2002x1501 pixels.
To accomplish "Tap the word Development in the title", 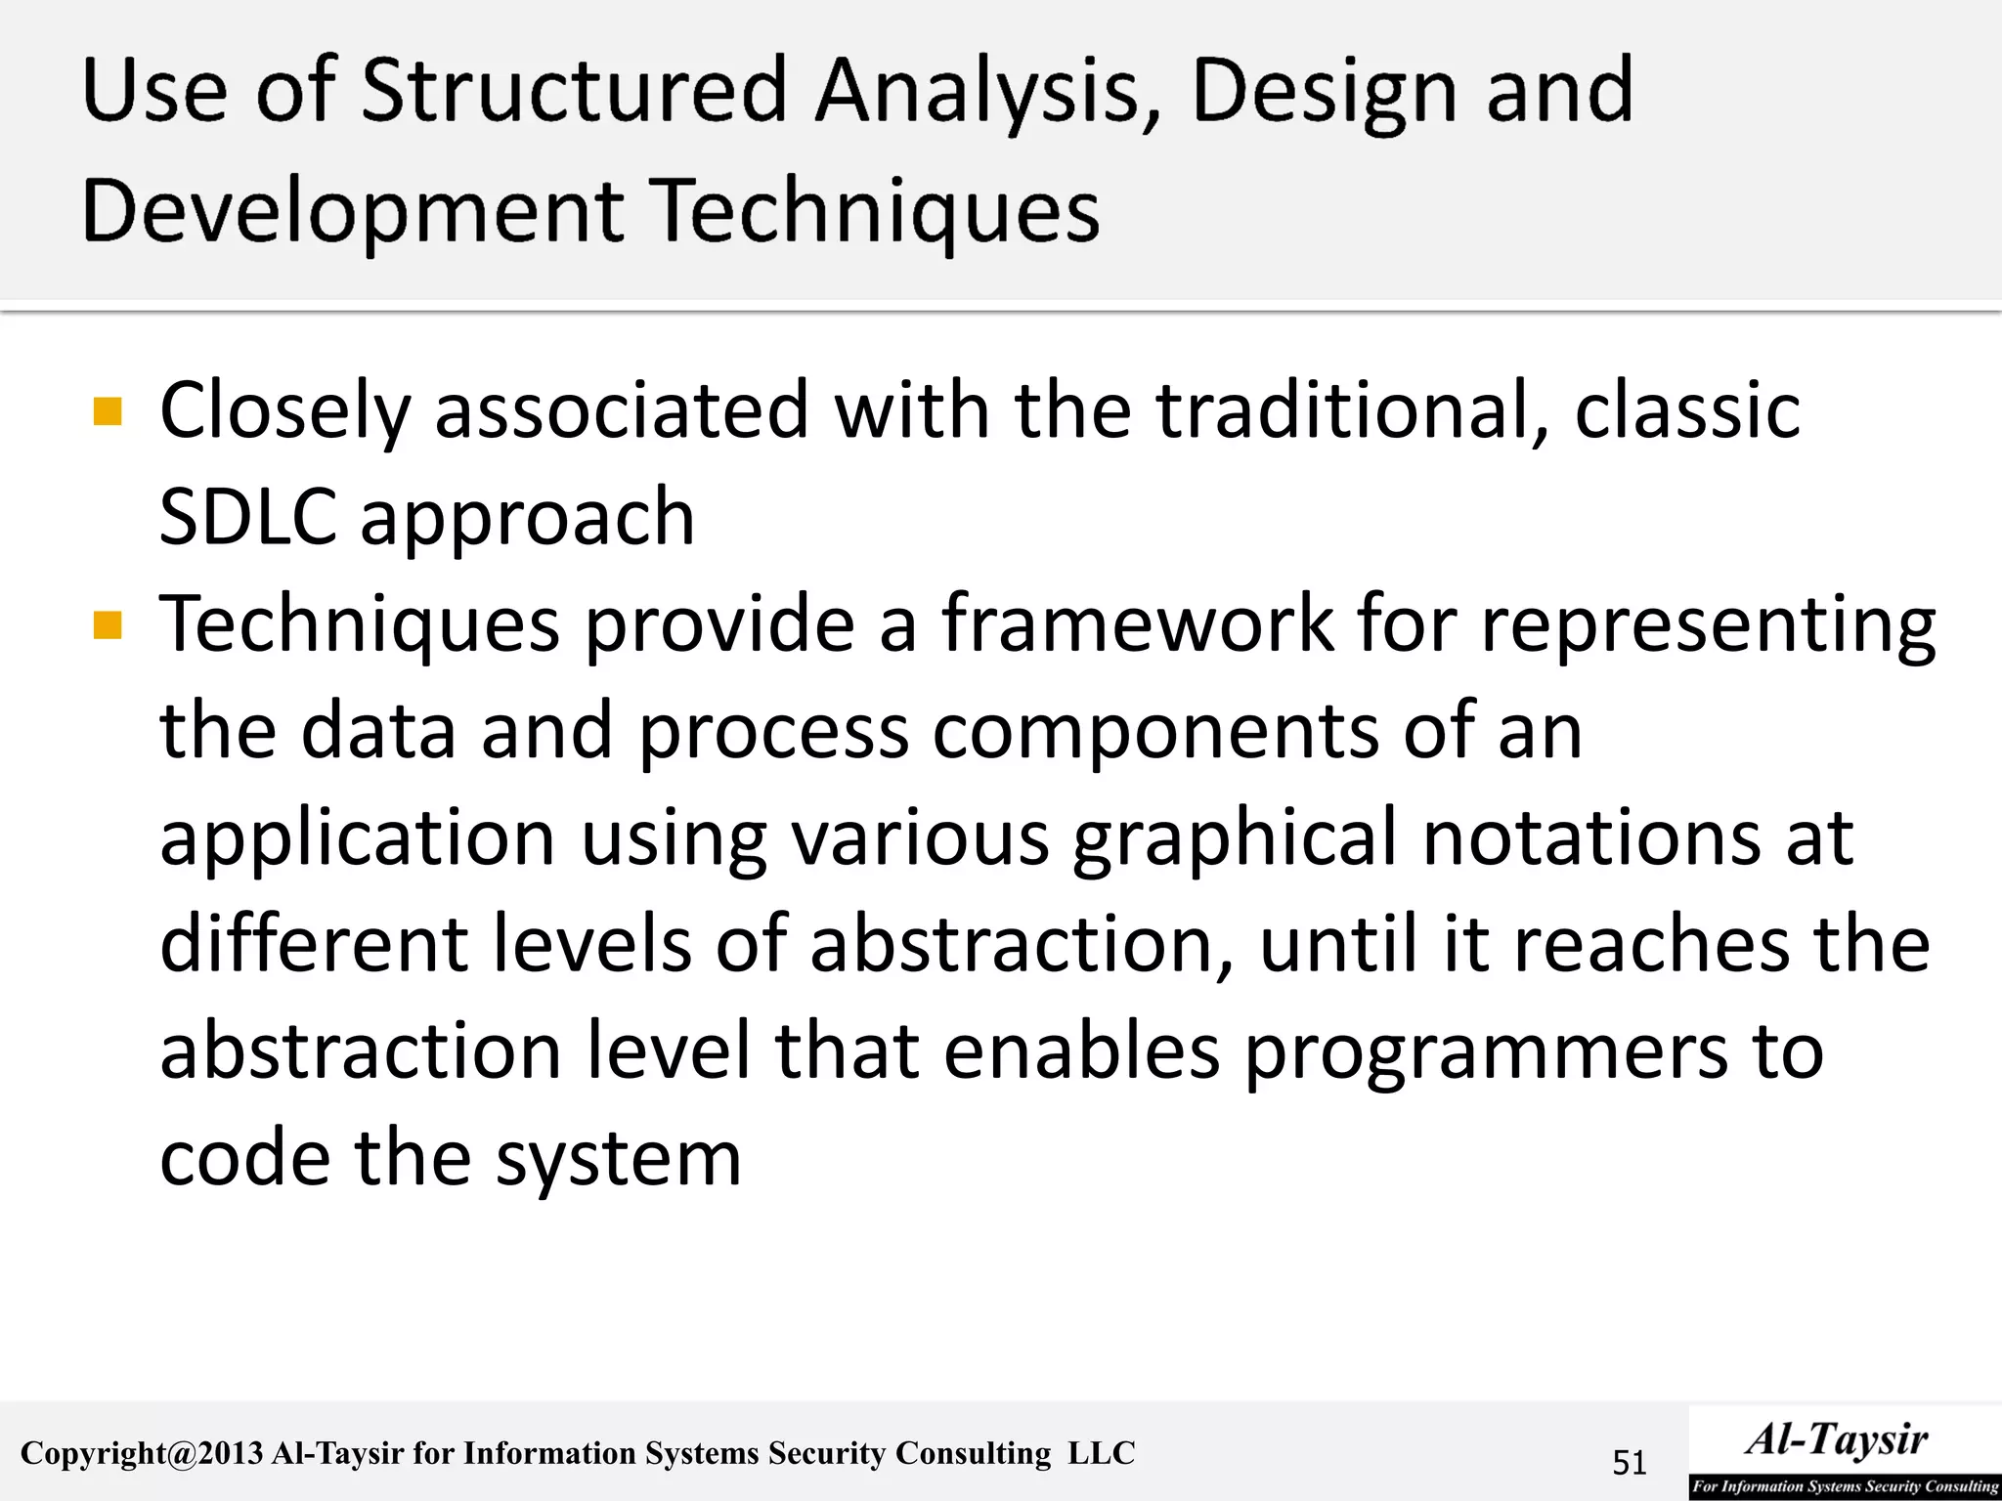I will point(353,212).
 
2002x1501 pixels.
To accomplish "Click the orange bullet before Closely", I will point(108,411).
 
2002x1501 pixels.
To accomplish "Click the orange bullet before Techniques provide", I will point(108,624).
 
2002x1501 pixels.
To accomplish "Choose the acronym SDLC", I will point(247,517).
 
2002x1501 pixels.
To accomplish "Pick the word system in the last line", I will point(618,1161).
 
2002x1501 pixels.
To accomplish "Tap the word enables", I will point(1081,1051).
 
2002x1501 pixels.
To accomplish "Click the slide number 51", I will point(1629,1463).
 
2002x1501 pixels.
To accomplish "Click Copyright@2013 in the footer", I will point(142,1454).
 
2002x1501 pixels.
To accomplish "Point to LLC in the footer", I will point(1102,1453).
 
